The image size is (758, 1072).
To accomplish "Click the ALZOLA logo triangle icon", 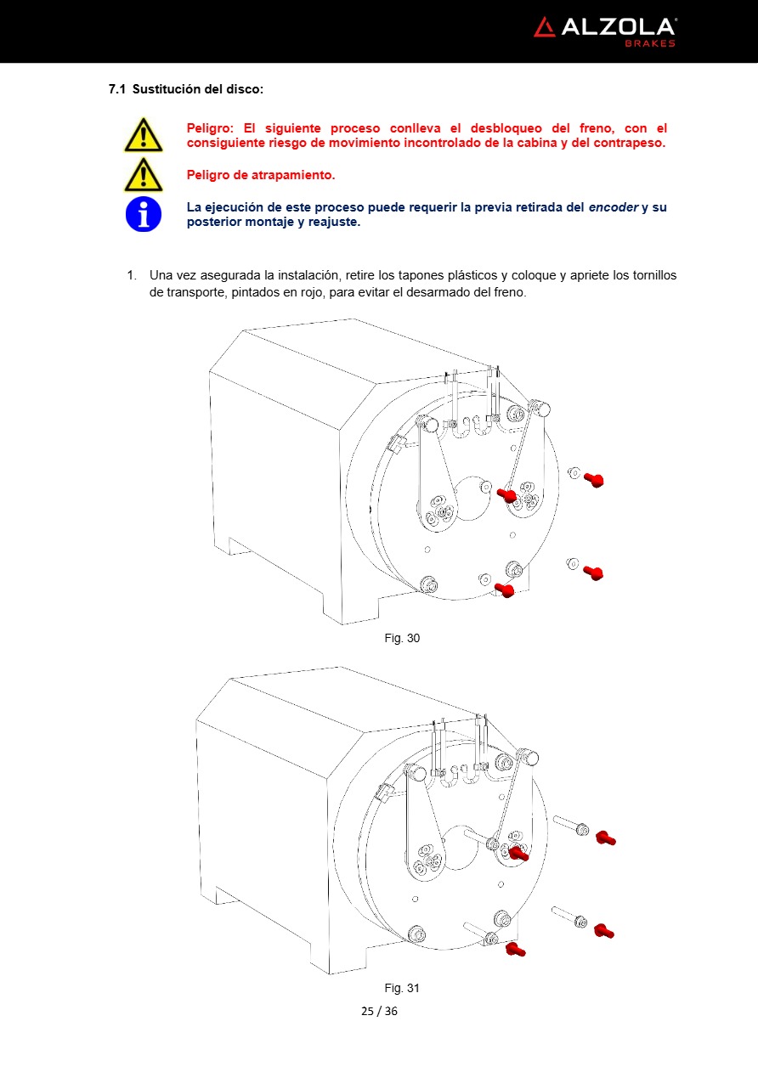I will (x=545, y=27).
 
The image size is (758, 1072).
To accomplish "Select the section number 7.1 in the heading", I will (x=117, y=89).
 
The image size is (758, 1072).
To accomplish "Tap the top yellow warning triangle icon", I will (x=143, y=135).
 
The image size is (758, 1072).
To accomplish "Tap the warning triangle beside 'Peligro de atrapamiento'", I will (x=143, y=175).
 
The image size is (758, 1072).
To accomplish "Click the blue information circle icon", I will (x=143, y=214).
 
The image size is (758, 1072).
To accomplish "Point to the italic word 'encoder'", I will (x=614, y=207).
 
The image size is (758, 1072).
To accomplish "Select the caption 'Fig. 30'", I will (x=402, y=638).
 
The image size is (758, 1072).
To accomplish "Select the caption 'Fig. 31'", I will (x=402, y=988).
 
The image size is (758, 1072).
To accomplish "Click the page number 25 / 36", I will (x=379, y=1011).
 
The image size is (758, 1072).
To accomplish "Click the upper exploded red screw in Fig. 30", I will (x=593, y=481).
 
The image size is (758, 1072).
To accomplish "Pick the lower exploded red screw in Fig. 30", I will (x=593, y=573).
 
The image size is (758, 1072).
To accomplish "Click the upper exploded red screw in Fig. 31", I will (x=605, y=838).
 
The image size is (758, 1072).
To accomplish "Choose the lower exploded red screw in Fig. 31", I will (x=603, y=931).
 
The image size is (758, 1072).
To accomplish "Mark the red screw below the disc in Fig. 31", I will (x=514, y=949).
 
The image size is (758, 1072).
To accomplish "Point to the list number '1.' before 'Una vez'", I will (x=132, y=276).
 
